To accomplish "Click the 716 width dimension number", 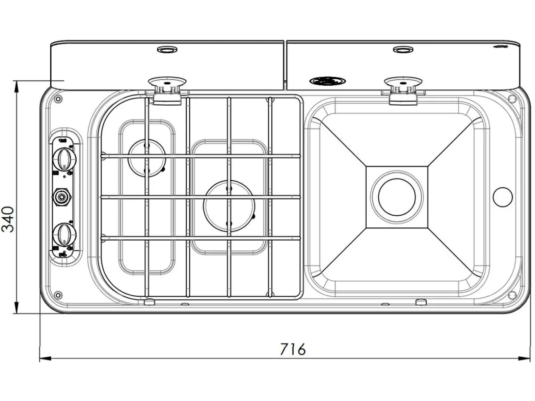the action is pos(293,349).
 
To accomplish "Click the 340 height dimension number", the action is pos(8,219).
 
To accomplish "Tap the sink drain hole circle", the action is pos(397,197).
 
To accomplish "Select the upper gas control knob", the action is pos(64,159).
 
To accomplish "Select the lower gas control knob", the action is pos(64,234).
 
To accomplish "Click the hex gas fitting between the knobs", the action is pos(62,196).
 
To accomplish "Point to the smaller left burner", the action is pos(147,159).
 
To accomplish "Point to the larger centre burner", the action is pos(229,206).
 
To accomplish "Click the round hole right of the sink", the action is pos(503,197).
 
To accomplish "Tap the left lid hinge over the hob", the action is pos(167,90).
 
